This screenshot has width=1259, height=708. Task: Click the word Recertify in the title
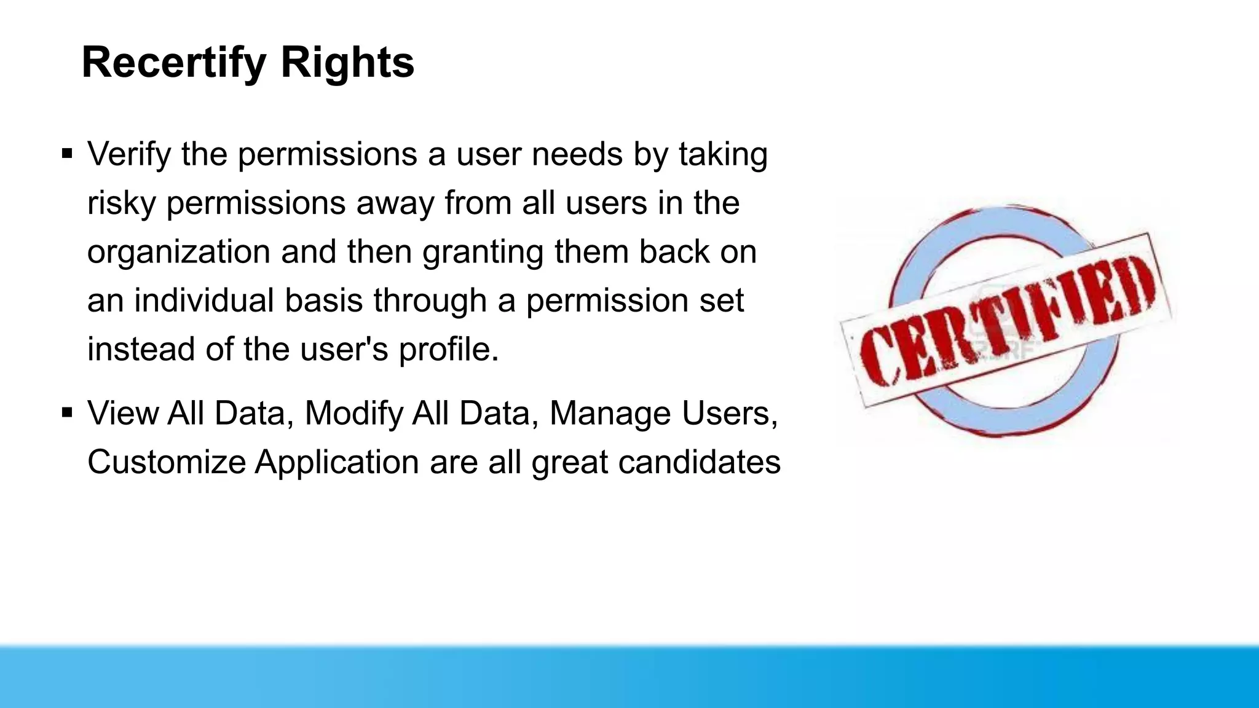click(174, 63)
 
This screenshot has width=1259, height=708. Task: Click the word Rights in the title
click(347, 63)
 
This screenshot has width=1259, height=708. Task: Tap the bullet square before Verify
click(68, 153)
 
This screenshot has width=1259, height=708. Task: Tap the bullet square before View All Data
click(68, 412)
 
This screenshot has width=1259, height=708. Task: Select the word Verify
click(128, 154)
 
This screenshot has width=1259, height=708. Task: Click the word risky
click(121, 203)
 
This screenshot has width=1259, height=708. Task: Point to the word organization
click(179, 253)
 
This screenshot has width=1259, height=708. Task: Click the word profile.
click(448, 350)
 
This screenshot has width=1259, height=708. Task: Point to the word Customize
click(166, 462)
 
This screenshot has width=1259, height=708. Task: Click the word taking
click(723, 154)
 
